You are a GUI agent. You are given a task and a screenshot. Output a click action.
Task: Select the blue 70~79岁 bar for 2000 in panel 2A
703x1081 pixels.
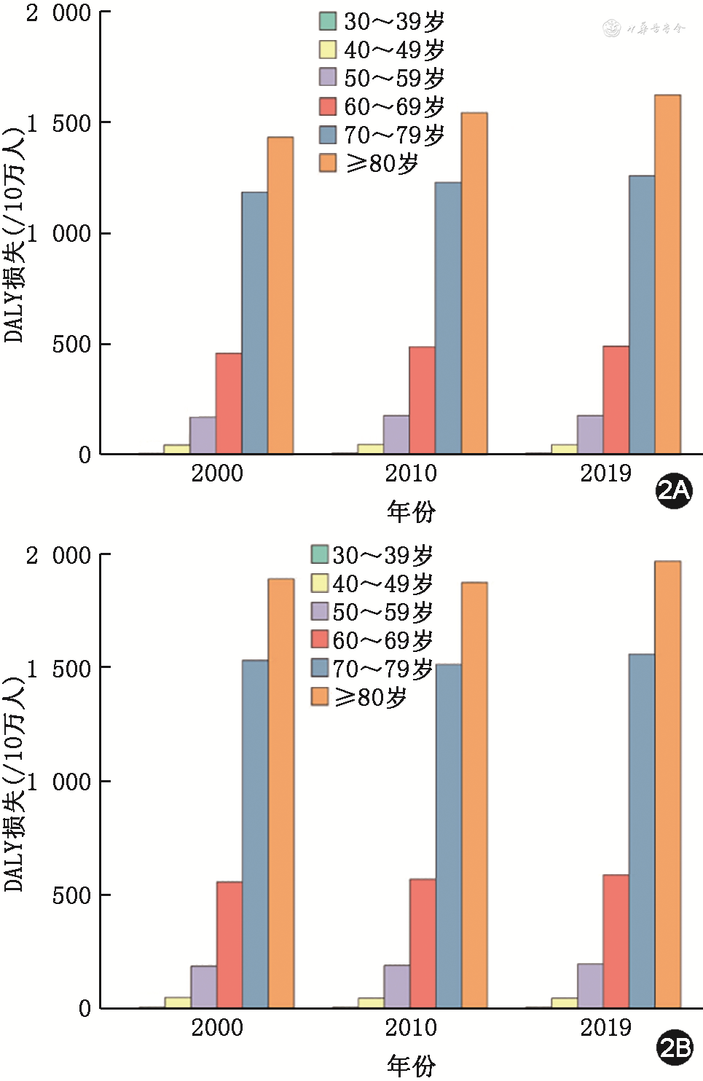tap(254, 323)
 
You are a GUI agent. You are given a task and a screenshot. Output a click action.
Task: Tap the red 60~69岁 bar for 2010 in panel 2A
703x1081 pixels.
tap(422, 401)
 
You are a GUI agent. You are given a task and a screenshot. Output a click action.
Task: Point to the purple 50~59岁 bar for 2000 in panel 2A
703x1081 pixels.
tap(203, 436)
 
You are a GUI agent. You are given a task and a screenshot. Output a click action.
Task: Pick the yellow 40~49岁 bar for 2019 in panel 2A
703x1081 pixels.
tap(564, 449)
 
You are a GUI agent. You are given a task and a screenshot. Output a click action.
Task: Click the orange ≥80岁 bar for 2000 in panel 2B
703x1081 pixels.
tap(280, 793)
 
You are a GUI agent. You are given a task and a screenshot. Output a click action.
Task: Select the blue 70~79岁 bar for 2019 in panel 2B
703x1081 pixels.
tap(642, 831)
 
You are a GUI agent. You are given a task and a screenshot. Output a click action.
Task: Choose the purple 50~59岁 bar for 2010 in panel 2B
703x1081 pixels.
tap(396, 986)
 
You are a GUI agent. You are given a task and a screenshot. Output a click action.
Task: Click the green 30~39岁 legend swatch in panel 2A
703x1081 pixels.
tap(328, 21)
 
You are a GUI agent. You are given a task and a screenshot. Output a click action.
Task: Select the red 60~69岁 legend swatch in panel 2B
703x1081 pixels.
tap(320, 640)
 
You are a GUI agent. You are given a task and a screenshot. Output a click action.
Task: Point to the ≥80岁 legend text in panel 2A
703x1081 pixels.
tap(382, 163)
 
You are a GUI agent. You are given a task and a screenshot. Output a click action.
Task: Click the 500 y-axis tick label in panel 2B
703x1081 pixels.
tap(71, 895)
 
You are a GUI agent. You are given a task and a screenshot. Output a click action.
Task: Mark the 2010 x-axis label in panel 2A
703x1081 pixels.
tap(411, 473)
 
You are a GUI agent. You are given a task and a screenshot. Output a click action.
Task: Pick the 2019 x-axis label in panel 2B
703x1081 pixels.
tap(605, 1028)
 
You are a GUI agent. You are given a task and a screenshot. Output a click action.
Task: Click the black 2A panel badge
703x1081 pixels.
tap(674, 490)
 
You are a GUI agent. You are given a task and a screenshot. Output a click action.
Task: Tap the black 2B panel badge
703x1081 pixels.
tap(675, 1047)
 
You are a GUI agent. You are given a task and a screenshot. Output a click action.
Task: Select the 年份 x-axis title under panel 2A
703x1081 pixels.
tap(411, 511)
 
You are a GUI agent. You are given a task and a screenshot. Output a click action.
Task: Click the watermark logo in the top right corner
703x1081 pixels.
tap(645, 28)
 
